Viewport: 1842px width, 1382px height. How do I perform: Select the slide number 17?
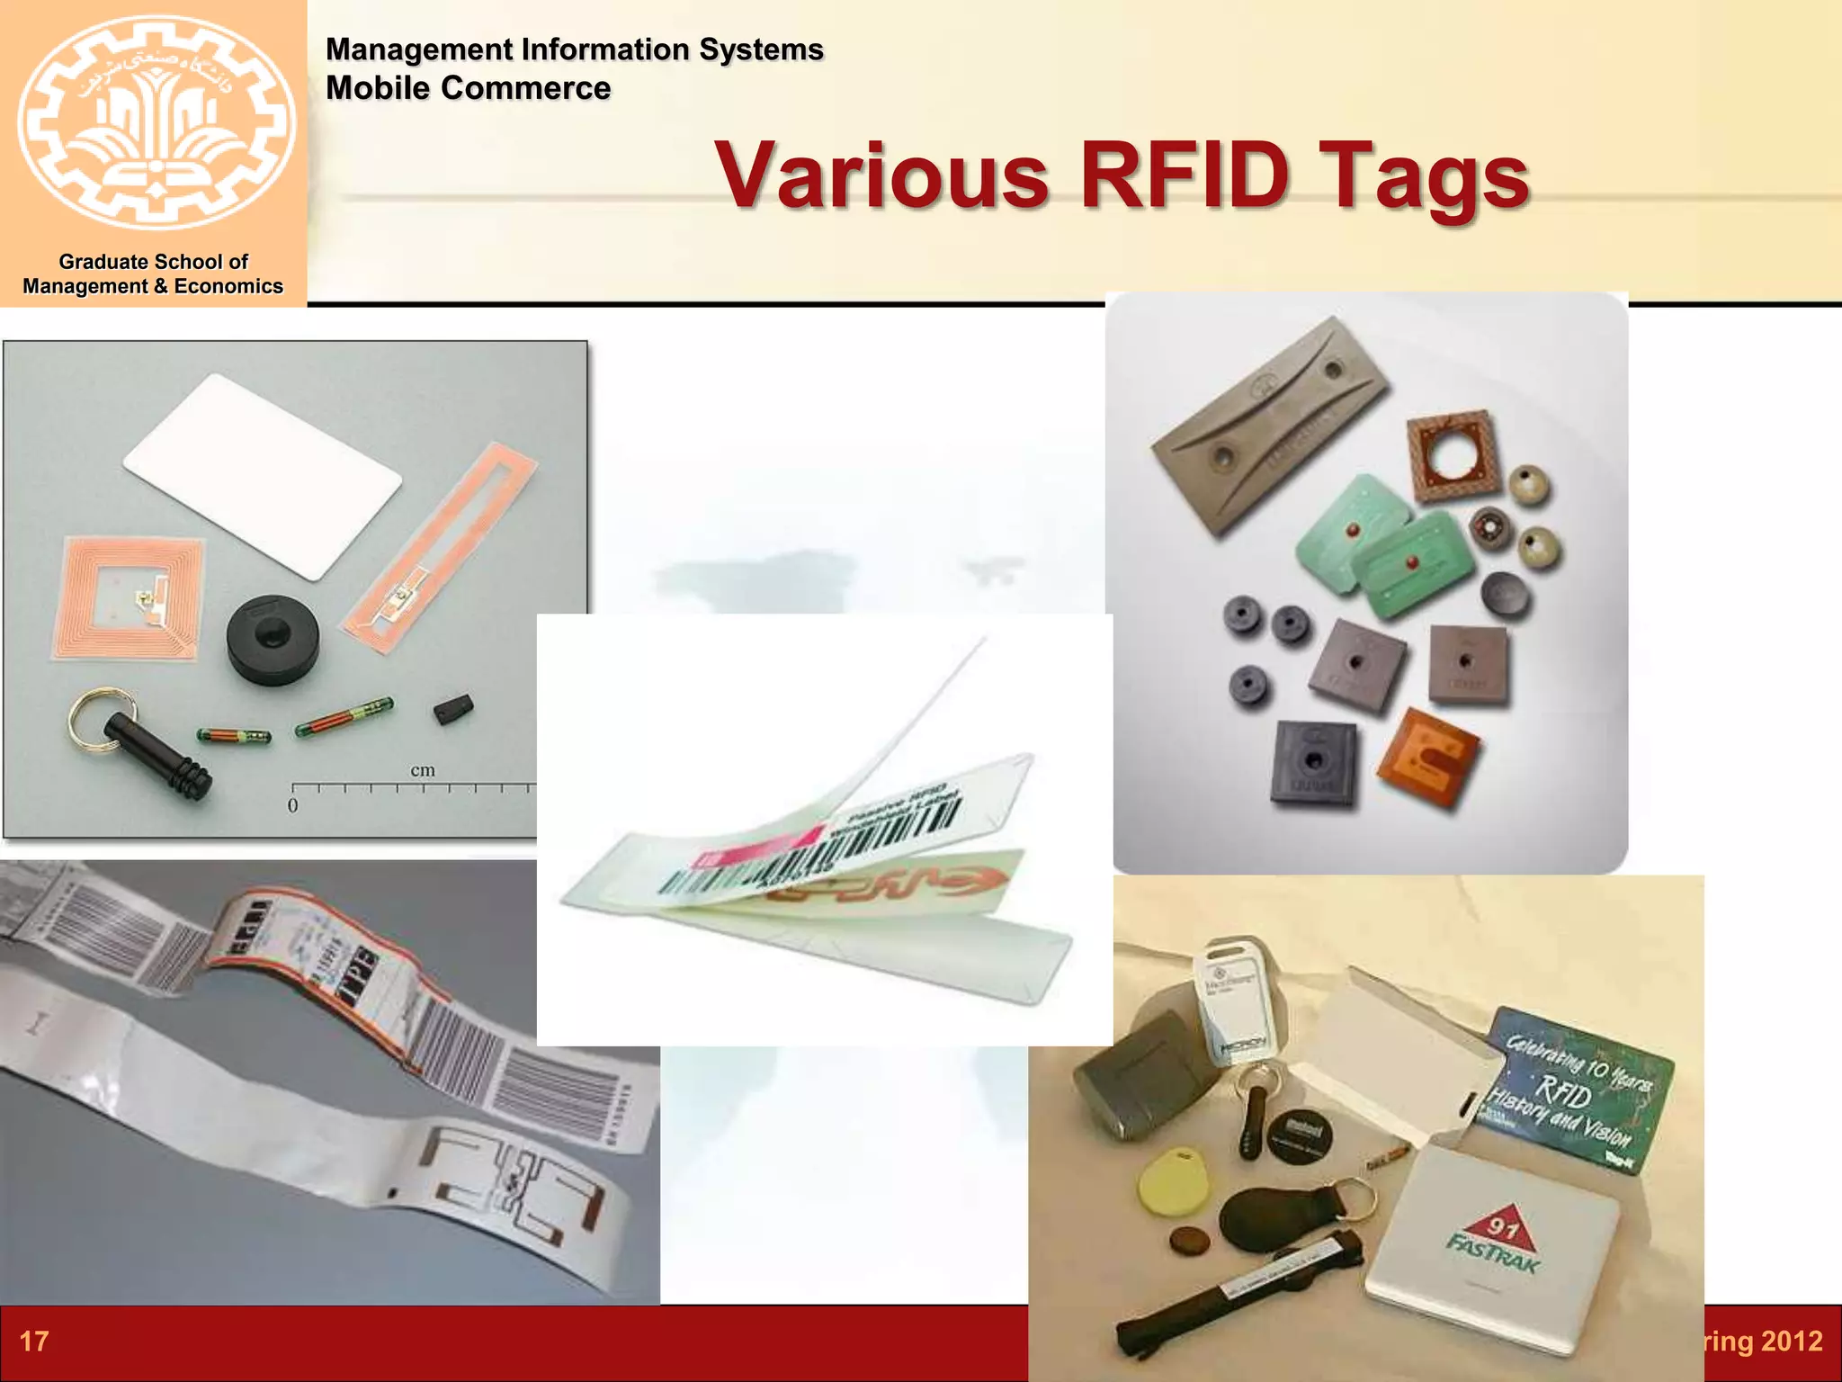tap(34, 1342)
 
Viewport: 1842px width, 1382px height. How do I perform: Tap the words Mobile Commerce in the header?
tap(468, 88)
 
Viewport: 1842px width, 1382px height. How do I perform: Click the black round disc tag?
tap(268, 639)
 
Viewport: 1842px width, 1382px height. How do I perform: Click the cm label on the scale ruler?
tap(422, 770)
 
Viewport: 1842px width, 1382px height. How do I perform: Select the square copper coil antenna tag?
tap(133, 599)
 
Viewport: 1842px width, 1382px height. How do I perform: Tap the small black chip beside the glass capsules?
tap(453, 709)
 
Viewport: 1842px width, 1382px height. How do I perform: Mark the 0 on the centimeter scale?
tap(292, 805)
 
